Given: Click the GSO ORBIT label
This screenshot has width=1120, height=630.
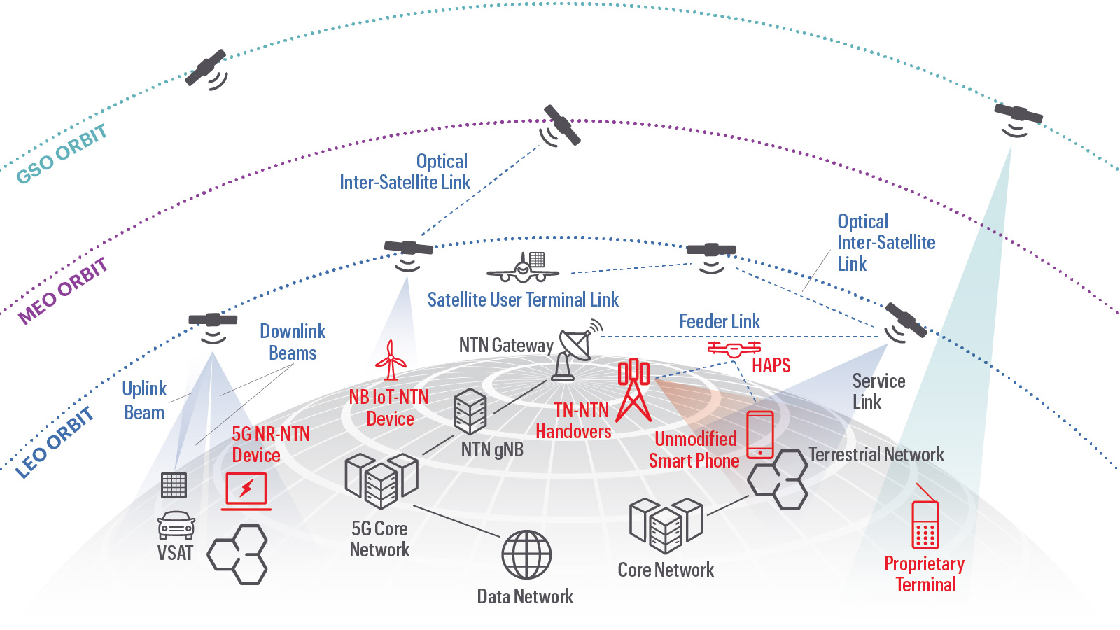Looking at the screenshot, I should (x=62, y=154).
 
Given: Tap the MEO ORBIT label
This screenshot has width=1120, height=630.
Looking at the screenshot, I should (x=63, y=290).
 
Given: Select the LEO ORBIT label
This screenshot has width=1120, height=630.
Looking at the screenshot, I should (x=55, y=443).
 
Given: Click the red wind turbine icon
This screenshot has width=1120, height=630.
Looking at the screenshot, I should (x=391, y=360).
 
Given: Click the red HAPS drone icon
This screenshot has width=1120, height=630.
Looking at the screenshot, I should (x=734, y=349).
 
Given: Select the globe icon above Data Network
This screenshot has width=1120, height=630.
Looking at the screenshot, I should (x=526, y=554).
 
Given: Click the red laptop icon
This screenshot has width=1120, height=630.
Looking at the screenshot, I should (x=246, y=490).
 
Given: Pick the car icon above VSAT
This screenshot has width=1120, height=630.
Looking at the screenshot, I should (x=176, y=525).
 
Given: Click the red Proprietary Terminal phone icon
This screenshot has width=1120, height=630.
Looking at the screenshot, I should (x=925, y=525).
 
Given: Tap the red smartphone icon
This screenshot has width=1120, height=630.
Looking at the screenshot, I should (x=760, y=434).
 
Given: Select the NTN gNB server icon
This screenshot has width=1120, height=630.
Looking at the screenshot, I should (x=470, y=412).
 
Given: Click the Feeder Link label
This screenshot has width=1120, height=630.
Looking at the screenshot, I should (x=720, y=321).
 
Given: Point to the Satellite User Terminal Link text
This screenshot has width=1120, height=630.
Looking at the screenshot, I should (x=523, y=300).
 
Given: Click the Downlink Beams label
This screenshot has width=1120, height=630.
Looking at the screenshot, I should (x=293, y=342).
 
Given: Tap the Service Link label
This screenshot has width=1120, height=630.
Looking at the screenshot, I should (x=878, y=391).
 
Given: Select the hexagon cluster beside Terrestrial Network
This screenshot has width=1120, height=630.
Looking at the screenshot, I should (x=777, y=479).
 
